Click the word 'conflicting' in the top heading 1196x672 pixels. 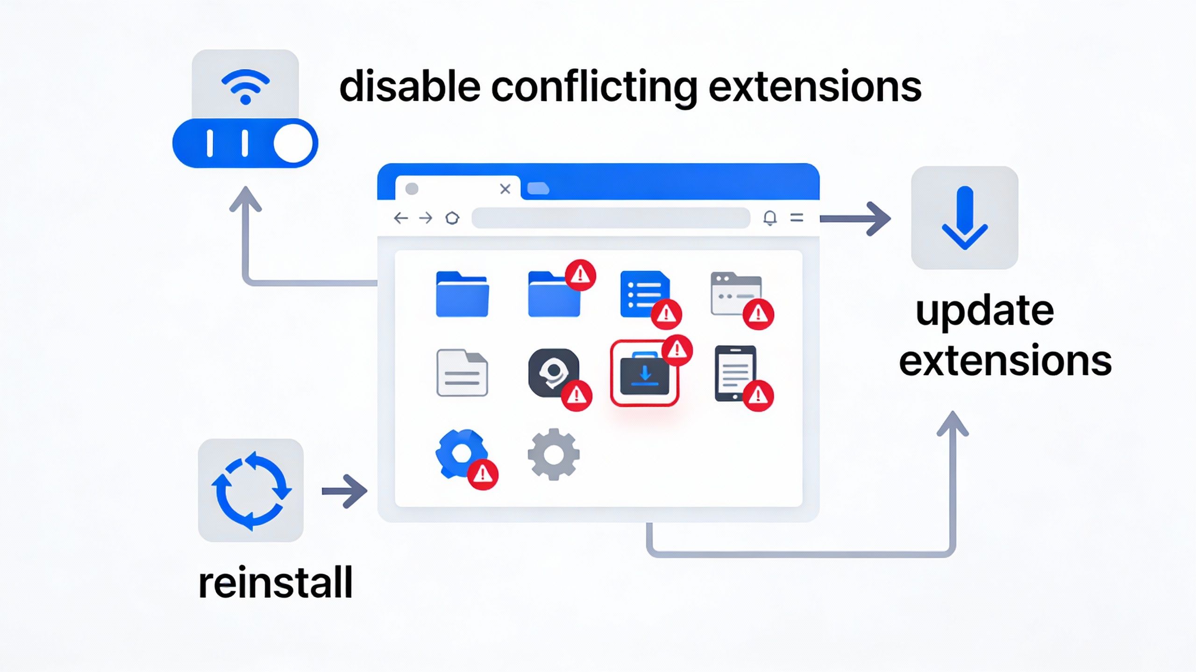[594, 87]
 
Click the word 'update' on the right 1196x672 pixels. [985, 312]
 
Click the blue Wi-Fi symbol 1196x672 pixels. [245, 87]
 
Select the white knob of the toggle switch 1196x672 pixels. [293, 143]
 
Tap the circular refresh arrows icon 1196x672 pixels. [251, 490]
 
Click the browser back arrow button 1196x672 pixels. [401, 218]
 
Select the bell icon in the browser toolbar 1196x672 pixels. [770, 218]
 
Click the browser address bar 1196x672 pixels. [611, 218]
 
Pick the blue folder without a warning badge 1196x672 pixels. [462, 294]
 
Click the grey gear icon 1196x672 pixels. [554, 454]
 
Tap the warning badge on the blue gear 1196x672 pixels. [483, 475]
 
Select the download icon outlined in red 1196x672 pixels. [644, 374]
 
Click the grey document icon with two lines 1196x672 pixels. [462, 373]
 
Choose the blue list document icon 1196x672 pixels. [643, 293]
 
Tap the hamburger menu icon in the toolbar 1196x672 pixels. [797, 217]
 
